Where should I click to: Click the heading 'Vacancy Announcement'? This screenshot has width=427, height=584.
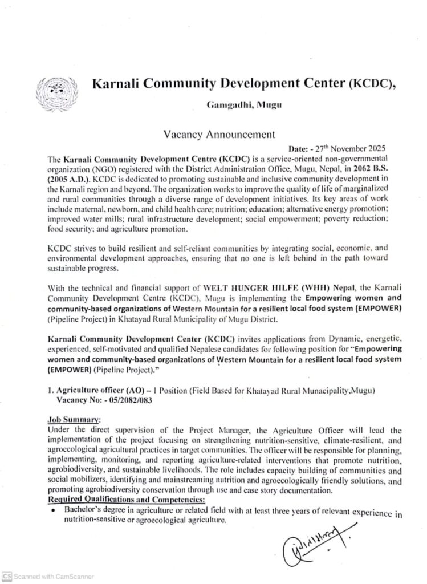pos(211,135)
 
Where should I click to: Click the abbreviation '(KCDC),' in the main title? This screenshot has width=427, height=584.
pos(369,84)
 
